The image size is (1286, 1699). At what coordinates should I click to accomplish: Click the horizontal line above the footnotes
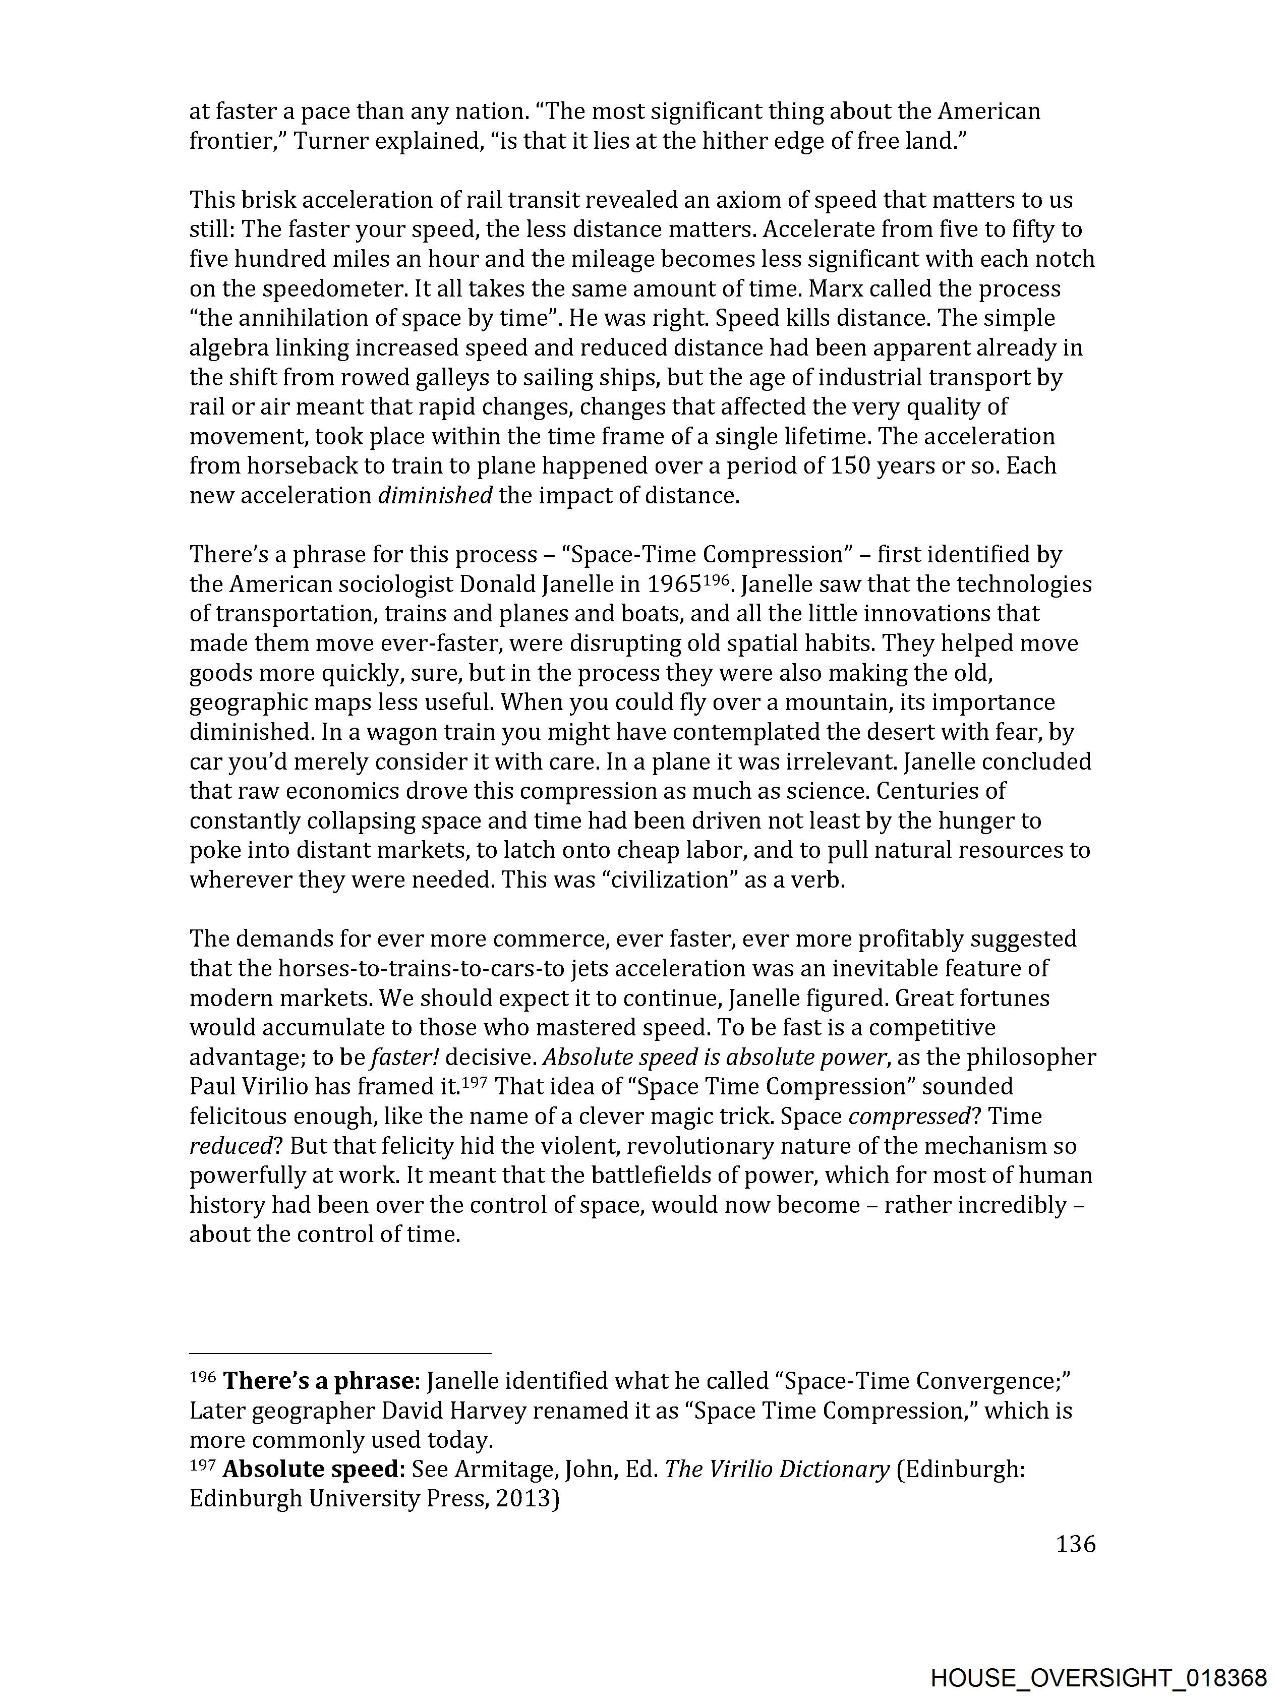click(339, 1354)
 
